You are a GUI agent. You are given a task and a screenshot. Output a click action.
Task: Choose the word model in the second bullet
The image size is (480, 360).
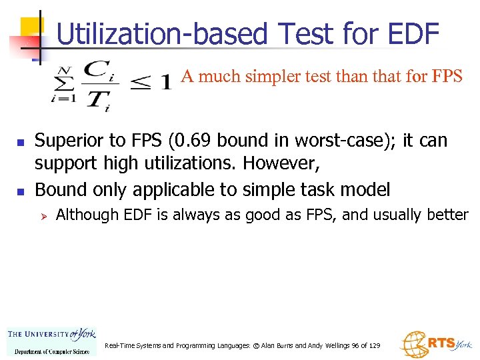(x=365, y=190)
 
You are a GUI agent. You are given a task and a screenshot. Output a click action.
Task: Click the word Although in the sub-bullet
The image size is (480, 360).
(x=83, y=215)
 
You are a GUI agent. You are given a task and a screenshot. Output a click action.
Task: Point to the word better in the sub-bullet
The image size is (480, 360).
(x=451, y=215)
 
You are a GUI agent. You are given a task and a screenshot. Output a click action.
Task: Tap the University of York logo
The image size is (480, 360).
(x=51, y=342)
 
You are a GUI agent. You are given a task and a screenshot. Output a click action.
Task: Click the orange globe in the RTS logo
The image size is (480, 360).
(x=413, y=344)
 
